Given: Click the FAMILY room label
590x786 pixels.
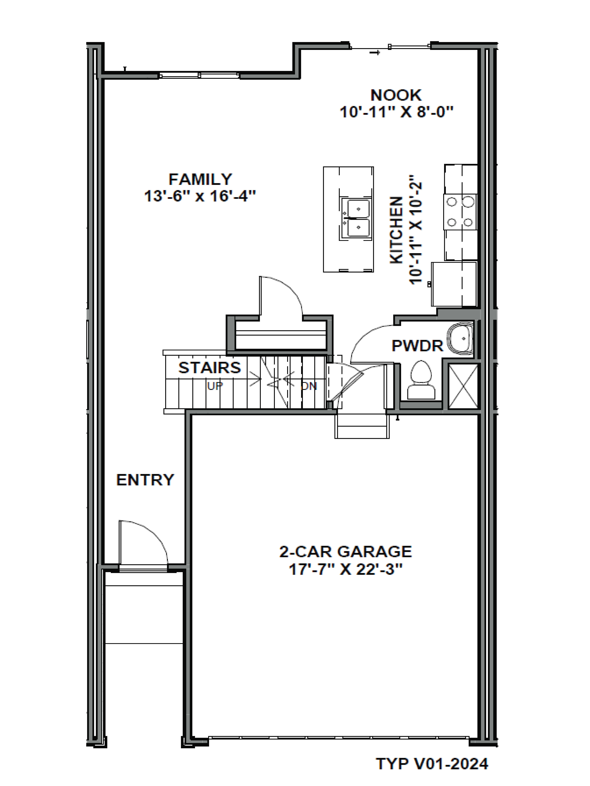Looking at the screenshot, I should [x=200, y=179].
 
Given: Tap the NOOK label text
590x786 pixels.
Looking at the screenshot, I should [x=396, y=95].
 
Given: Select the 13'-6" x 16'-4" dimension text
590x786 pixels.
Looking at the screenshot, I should [x=200, y=196].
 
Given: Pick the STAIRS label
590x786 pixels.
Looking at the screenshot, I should [x=209, y=368].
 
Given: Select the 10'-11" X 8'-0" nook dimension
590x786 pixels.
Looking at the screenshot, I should [x=397, y=112].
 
